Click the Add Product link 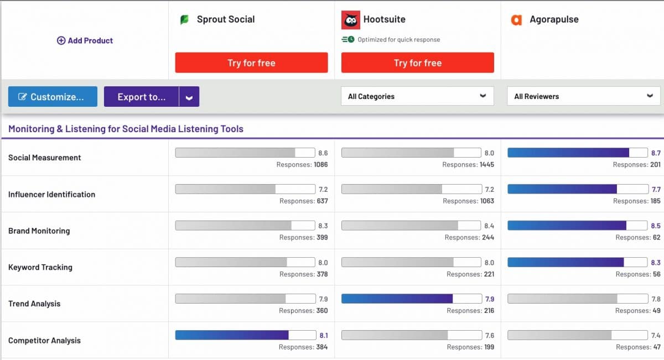85,40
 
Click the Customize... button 53,97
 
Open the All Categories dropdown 417,96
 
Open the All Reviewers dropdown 583,96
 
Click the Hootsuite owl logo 350,20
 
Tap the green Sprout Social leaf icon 184,20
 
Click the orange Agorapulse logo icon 516,20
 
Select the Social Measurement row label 45,158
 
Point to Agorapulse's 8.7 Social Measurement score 656,153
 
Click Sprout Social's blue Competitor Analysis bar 232,335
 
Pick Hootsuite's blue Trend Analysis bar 397,299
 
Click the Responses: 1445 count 468,165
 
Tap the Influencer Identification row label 51,194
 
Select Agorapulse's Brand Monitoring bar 567,226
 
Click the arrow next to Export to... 189,97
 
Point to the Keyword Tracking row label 40,267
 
